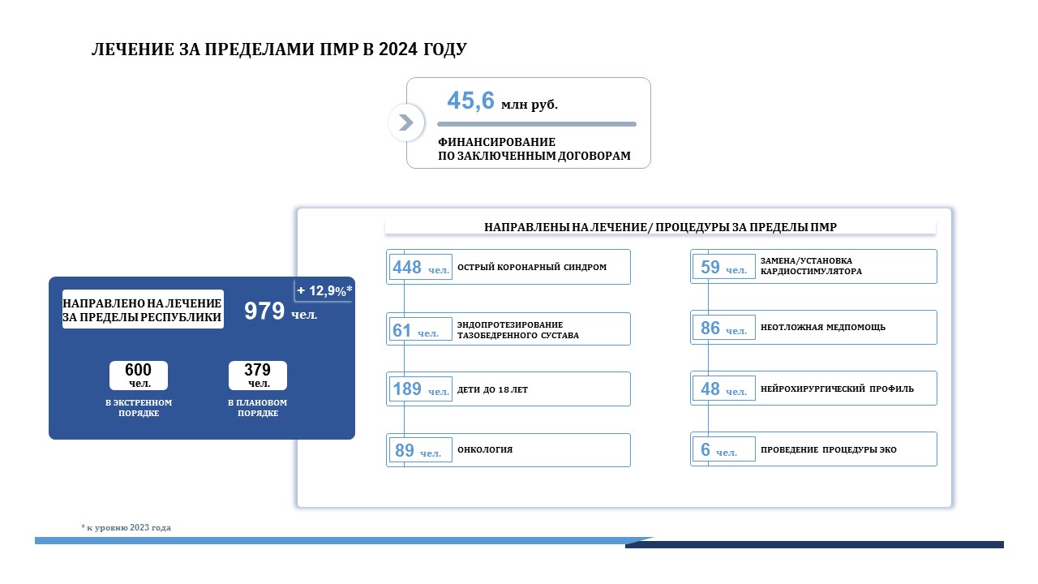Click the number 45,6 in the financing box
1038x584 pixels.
470,101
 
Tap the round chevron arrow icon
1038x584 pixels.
406,122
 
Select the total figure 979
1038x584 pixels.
264,311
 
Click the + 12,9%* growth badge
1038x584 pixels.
324,290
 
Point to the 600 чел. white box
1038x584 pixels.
139,376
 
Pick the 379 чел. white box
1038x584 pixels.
258,376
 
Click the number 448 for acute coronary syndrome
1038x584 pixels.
407,268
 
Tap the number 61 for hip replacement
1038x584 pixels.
401,330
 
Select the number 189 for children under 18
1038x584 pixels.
407,389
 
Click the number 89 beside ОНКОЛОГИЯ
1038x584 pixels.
405,450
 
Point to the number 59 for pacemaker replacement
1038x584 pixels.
710,267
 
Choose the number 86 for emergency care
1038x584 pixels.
710,328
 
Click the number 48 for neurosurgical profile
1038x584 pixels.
710,389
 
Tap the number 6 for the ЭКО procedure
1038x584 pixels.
706,449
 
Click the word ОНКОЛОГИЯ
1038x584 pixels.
485,449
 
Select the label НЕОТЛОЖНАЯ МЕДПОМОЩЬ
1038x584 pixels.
823,327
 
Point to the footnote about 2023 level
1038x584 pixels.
126,527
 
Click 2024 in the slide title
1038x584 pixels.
398,49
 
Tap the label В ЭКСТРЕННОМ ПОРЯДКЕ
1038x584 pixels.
139,408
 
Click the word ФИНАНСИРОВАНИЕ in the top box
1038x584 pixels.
497,142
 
